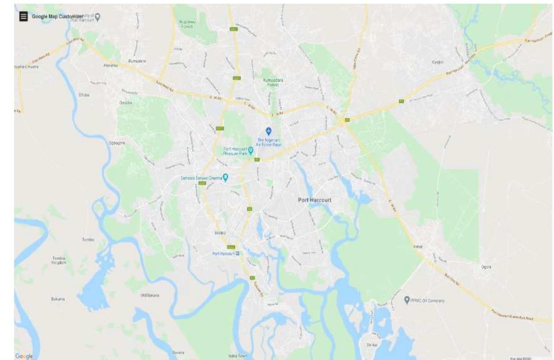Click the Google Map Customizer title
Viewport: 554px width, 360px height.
click(56, 17)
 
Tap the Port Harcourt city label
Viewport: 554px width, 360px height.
click(315, 200)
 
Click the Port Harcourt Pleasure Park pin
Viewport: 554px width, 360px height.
click(251, 150)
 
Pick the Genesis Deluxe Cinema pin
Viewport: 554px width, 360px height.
click(225, 177)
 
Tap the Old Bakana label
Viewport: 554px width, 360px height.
click(150, 296)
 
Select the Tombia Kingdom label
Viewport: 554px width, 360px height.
click(59, 260)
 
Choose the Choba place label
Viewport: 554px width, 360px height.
click(84, 95)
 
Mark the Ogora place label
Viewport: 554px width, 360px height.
click(486, 267)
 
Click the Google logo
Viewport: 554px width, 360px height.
click(24, 356)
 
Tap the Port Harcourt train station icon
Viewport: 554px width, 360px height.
click(237, 253)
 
